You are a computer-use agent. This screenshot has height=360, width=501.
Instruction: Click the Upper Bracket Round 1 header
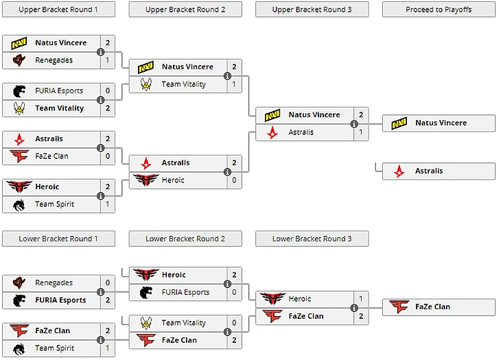pyautogui.click(x=58, y=10)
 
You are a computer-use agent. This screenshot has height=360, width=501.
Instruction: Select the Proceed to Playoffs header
pyautogui.click(x=439, y=10)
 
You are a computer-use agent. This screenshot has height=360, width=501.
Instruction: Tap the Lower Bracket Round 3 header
pyautogui.click(x=312, y=239)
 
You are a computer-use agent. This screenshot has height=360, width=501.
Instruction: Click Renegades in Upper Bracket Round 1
pyautogui.click(x=54, y=60)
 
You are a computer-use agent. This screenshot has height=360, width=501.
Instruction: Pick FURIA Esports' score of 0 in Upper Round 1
pyautogui.click(x=108, y=91)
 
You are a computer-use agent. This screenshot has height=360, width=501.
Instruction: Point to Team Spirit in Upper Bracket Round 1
pyautogui.click(x=54, y=204)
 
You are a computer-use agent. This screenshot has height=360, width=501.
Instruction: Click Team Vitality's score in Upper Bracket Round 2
pyautogui.click(x=234, y=84)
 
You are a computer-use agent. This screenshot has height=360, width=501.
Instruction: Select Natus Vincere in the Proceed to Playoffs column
pyautogui.click(x=440, y=123)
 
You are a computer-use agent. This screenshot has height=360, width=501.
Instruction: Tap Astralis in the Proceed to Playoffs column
pyautogui.click(x=429, y=171)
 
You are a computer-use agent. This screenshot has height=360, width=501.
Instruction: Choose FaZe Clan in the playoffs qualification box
pyautogui.click(x=432, y=307)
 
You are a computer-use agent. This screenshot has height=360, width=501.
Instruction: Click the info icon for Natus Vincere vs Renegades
pyautogui.click(x=101, y=51)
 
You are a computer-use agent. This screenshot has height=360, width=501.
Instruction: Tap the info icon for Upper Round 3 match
pyautogui.click(x=354, y=124)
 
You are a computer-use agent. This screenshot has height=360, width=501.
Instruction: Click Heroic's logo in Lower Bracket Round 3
pyautogui.click(x=274, y=299)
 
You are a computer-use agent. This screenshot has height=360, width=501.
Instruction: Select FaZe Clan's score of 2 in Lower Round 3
pyautogui.click(x=361, y=316)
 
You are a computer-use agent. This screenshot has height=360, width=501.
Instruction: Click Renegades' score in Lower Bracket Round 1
pyautogui.click(x=108, y=283)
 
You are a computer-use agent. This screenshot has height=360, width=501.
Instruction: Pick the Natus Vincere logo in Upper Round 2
pyautogui.click(x=146, y=67)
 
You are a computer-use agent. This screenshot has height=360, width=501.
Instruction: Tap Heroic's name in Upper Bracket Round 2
pyautogui.click(x=173, y=180)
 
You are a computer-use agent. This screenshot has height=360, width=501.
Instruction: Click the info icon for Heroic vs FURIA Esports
pyautogui.click(x=227, y=284)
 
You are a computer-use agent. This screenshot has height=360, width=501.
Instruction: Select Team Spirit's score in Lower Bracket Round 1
pyautogui.click(x=108, y=348)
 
